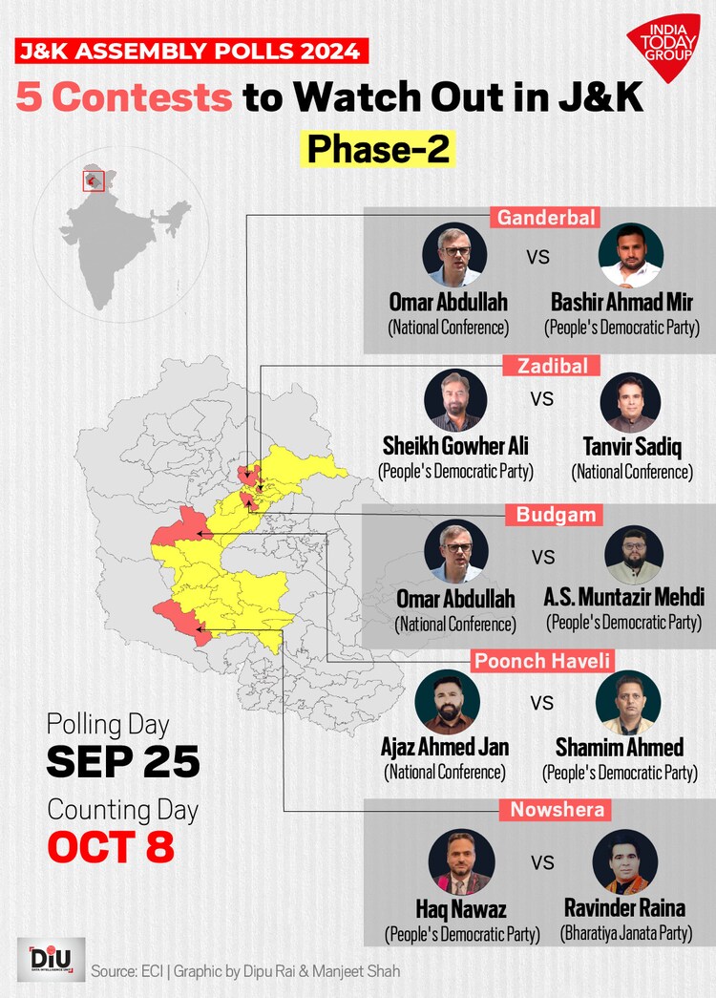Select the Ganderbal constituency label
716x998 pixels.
pos(546,218)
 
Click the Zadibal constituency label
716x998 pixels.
pos(546,366)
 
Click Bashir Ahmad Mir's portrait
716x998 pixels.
pos(631,256)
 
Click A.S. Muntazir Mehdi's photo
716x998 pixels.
pos(634,554)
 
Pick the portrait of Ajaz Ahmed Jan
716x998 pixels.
pos(446,702)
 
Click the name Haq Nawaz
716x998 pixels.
pos(461,908)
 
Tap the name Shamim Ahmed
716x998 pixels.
pos(620,747)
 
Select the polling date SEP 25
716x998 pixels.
pos(123,761)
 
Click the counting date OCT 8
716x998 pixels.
pos(111,846)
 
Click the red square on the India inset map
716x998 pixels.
pos(93,180)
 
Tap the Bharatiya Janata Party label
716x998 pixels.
pos(625,932)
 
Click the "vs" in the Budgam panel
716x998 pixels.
pos(542,555)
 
